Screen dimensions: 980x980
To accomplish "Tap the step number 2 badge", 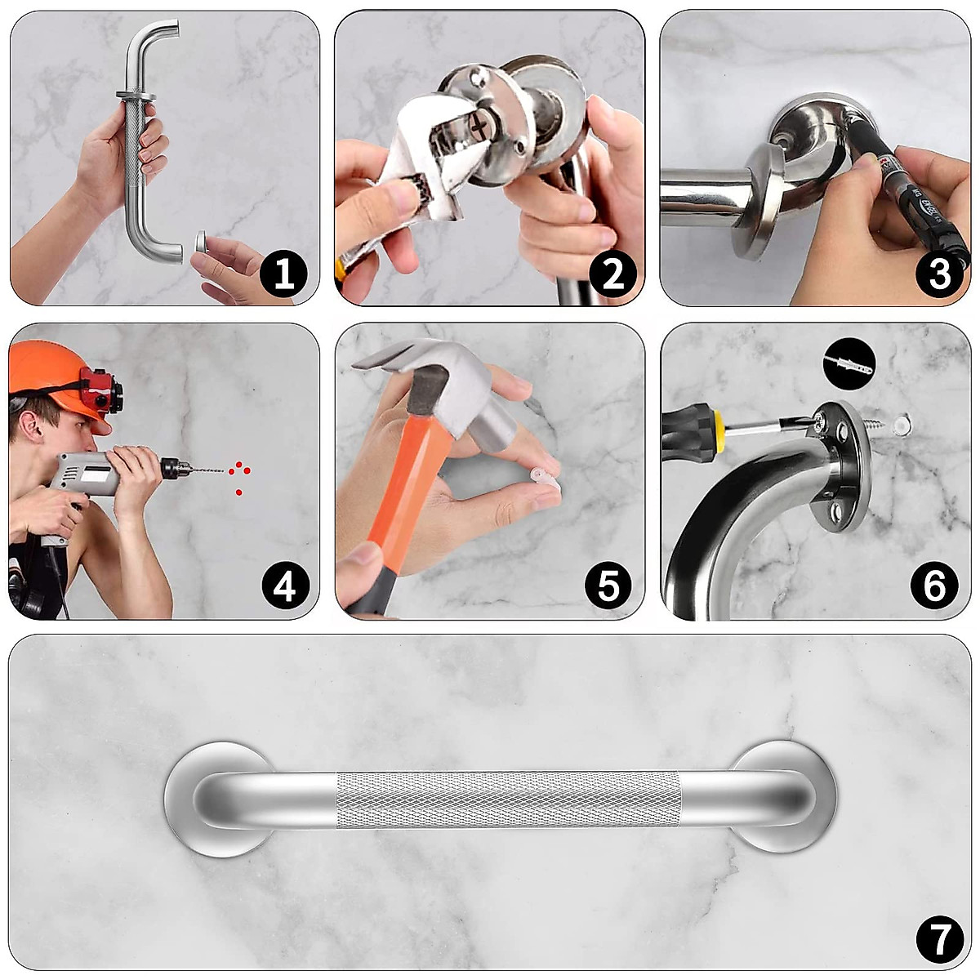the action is click(x=613, y=275).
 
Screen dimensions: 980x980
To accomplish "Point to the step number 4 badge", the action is click(x=285, y=588).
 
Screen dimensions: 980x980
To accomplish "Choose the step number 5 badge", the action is click(x=608, y=586).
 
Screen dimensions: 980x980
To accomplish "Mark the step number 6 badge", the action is click(x=934, y=586).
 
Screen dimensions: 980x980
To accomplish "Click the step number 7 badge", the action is click(x=940, y=940).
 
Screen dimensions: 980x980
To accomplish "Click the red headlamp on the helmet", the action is click(x=100, y=388).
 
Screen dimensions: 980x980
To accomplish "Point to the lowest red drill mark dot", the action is click(x=239, y=492).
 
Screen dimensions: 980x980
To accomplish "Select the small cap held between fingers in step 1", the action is click(x=202, y=241).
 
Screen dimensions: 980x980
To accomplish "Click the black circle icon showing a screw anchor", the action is click(x=849, y=364).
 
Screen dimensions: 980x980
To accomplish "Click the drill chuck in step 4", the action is click(x=176, y=469).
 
